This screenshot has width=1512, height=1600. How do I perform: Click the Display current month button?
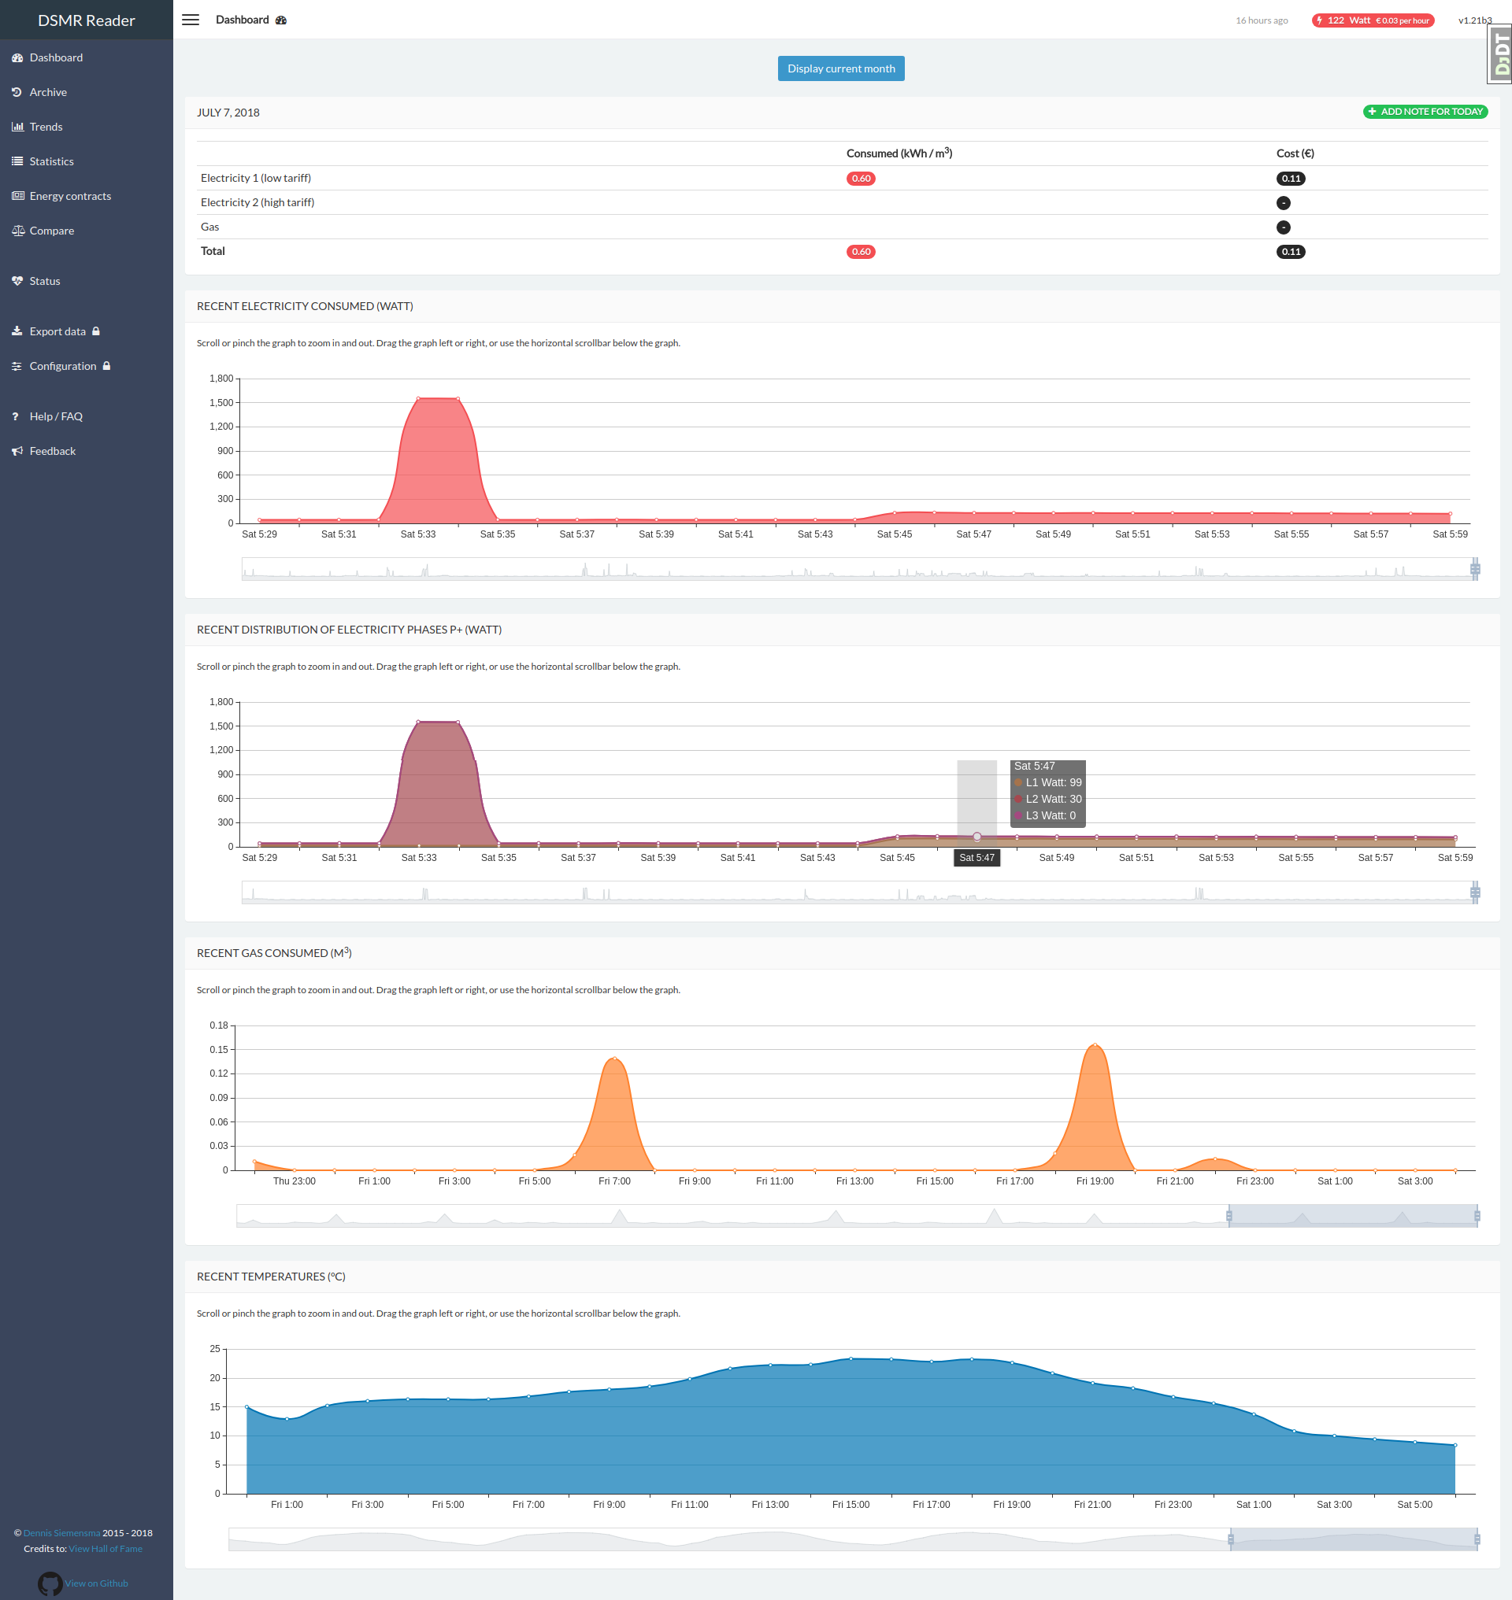(x=840, y=68)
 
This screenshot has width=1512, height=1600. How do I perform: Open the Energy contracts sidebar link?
(x=70, y=196)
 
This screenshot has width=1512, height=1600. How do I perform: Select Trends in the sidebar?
(x=46, y=127)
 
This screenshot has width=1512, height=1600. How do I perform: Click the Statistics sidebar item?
(x=52, y=161)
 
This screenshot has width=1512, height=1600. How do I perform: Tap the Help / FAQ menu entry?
(x=56, y=416)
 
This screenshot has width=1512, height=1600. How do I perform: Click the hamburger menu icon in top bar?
(x=191, y=20)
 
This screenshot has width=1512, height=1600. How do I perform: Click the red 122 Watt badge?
(x=1372, y=20)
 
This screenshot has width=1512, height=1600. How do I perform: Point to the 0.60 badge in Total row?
(x=860, y=251)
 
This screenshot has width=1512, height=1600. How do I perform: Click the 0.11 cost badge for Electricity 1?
(x=1291, y=179)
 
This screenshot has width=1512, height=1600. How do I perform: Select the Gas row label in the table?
(x=209, y=227)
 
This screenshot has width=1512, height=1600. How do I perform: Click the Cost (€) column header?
(x=1295, y=153)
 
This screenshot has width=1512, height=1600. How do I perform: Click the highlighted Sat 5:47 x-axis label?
(x=976, y=858)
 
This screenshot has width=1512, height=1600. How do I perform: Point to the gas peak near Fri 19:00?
(x=1095, y=1045)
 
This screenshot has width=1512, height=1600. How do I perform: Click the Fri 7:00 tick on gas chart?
(x=614, y=1181)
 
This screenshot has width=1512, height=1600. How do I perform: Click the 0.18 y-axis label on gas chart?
(x=218, y=1025)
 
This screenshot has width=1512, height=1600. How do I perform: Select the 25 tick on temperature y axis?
(x=214, y=1349)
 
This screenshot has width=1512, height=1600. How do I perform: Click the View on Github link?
(x=96, y=1583)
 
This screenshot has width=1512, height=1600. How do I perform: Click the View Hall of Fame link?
(x=106, y=1548)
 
